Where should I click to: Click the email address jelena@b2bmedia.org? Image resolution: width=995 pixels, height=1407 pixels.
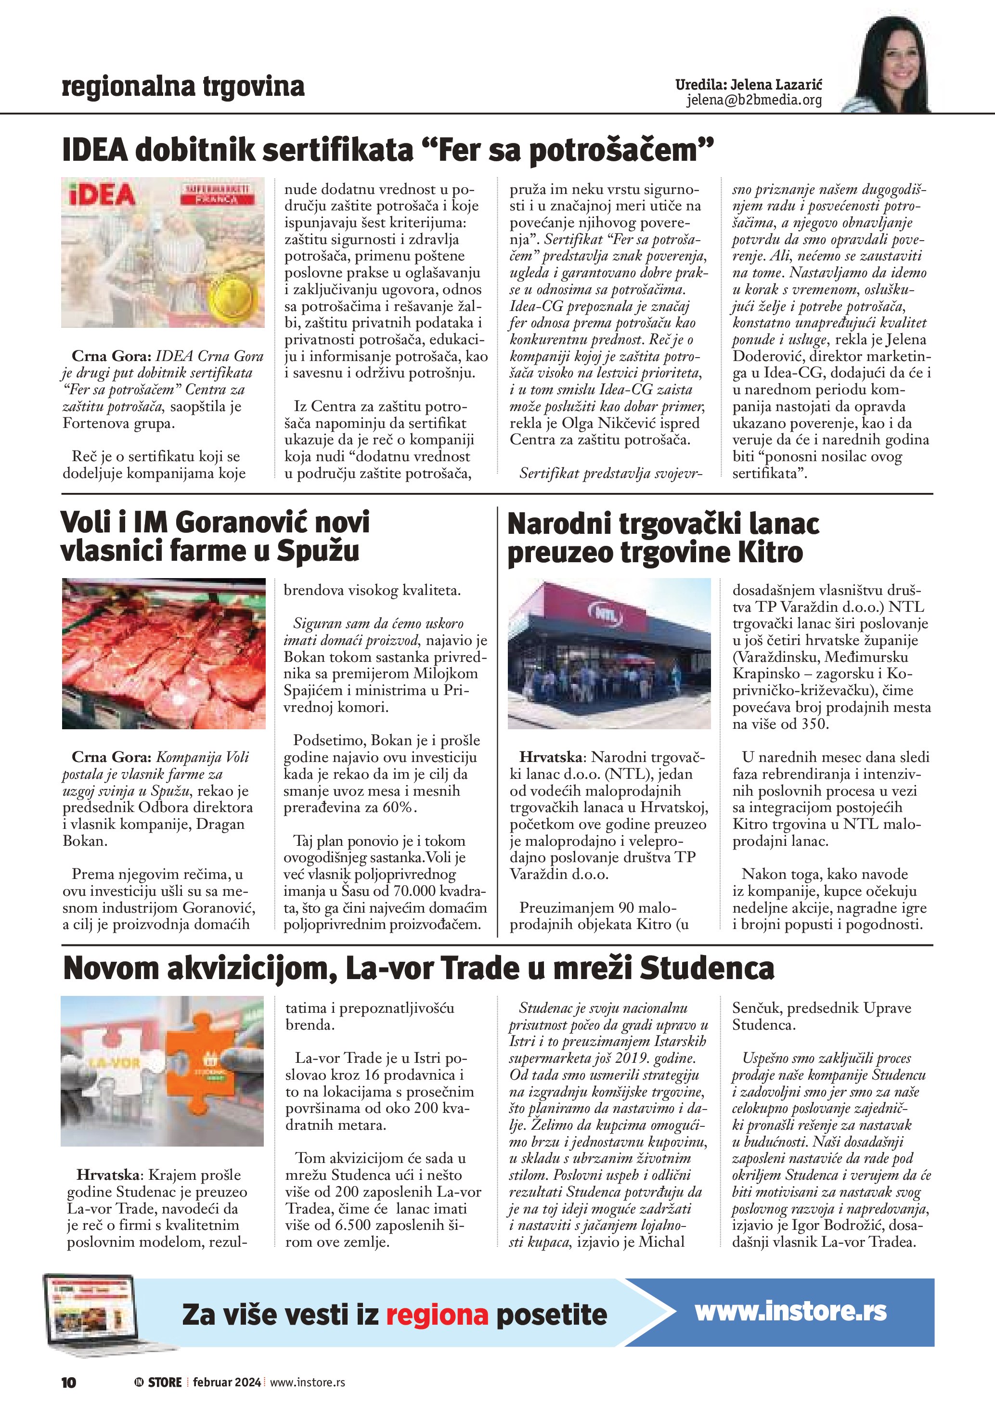pos(754,100)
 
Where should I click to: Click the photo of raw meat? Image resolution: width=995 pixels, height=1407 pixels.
pos(164,653)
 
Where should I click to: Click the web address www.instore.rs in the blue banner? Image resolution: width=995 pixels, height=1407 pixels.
pos(790,1311)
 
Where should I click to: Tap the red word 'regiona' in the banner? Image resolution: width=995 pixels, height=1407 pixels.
pos(437,1315)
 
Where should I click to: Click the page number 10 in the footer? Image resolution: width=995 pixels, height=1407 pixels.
pos(69,1382)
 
